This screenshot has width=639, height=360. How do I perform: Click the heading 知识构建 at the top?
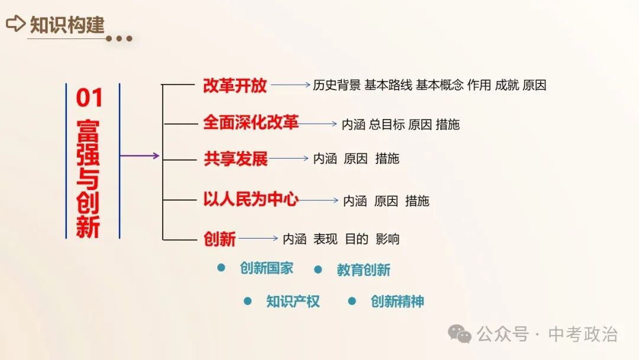(x=67, y=24)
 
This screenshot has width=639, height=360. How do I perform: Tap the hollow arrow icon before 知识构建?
(x=15, y=24)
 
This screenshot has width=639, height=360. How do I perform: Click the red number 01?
(x=89, y=98)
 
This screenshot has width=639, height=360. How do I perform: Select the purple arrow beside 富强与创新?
(x=140, y=156)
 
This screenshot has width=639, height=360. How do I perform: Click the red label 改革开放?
(x=235, y=86)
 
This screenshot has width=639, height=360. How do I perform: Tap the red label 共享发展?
(x=235, y=159)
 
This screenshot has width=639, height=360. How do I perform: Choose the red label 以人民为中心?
(x=251, y=200)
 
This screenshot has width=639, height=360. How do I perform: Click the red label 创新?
(x=220, y=239)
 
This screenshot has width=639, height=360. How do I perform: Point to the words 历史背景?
(x=337, y=85)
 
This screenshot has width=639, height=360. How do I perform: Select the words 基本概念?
(x=440, y=85)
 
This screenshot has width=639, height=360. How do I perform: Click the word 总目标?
(x=387, y=125)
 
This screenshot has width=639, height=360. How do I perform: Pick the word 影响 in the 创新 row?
(x=388, y=239)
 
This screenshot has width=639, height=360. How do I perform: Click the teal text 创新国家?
(x=266, y=268)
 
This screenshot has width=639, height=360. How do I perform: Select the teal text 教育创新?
(x=364, y=271)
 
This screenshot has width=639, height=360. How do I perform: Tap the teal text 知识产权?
(x=293, y=301)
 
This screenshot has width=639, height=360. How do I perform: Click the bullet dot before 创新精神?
(x=352, y=301)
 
